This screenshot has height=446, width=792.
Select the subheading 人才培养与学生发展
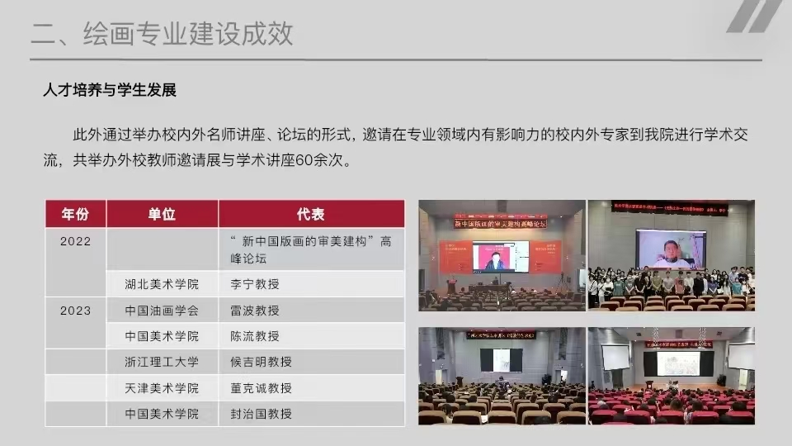pyautogui.click(x=110, y=90)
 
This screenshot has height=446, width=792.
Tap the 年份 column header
pyautogui.click(x=75, y=214)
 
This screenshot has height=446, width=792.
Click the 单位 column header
pyautogui.click(x=162, y=214)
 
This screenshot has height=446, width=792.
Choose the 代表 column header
pyautogui.click(x=310, y=214)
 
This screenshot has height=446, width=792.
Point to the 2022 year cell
pyautogui.click(x=75, y=241)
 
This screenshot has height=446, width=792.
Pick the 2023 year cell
pyautogui.click(x=75, y=311)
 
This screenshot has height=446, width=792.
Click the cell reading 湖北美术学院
pyautogui.click(x=162, y=284)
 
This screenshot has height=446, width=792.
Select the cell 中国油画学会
pyautogui.click(x=162, y=311)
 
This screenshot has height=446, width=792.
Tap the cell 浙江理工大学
pyautogui.click(x=162, y=362)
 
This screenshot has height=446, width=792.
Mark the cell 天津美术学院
pyautogui.click(x=162, y=388)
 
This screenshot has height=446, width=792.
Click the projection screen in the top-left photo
pyautogui.click(x=500, y=256)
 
